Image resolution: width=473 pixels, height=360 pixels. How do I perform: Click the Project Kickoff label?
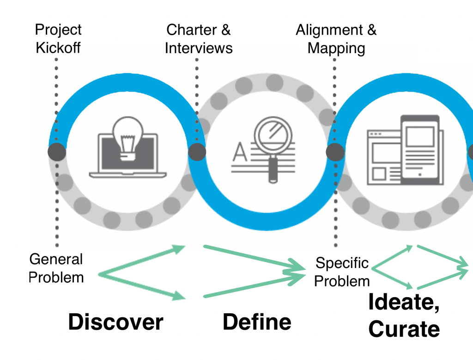[58, 38]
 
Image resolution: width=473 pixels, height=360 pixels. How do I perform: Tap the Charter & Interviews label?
[199, 38]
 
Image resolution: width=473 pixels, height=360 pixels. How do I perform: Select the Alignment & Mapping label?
[336, 38]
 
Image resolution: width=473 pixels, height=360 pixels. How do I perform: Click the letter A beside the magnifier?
[240, 151]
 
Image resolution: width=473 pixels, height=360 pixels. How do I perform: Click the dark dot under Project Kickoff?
[57, 152]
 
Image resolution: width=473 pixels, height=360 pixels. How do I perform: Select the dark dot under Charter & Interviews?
[197, 152]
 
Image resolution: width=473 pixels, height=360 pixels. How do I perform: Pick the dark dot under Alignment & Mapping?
[335, 152]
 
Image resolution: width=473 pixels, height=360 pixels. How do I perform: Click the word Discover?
[115, 322]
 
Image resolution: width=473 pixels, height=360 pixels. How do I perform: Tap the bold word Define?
[257, 322]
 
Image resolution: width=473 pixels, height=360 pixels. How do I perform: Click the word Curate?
[404, 329]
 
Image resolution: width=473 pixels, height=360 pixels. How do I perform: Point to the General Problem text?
[56, 268]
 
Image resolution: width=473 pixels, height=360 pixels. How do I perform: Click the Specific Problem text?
[342, 272]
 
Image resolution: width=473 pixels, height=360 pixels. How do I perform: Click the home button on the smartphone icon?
[419, 175]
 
